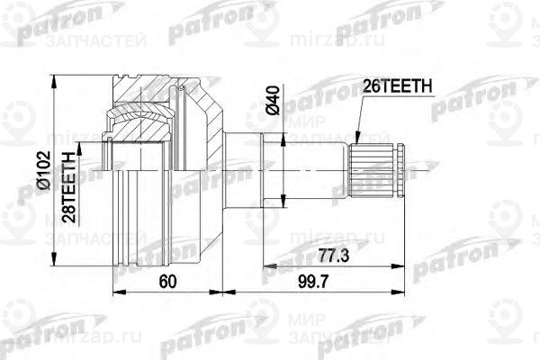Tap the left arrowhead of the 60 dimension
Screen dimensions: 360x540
coord(114,292)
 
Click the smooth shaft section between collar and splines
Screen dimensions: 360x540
coord(315,167)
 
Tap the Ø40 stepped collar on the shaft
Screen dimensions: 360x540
coord(248,167)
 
